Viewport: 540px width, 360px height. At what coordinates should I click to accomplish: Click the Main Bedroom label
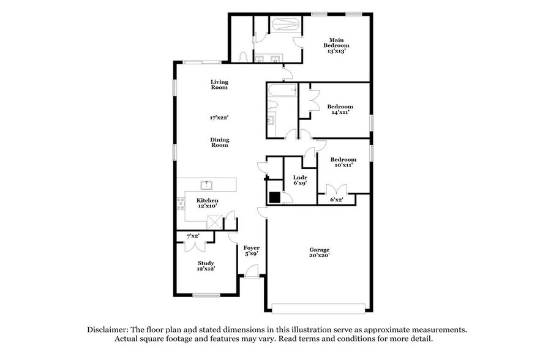337,43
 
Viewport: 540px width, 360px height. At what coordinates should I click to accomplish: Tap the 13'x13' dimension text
337,51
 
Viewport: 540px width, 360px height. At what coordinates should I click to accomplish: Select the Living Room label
219,84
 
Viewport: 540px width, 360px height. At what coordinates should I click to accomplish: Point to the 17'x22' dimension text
219,116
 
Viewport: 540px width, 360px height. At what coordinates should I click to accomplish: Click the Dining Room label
219,142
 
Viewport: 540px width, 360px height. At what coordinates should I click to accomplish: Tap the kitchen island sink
207,184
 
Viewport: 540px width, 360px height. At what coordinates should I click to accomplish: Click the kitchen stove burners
181,204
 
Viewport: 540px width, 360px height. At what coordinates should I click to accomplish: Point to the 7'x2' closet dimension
192,236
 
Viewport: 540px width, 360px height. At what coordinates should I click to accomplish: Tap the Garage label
319,249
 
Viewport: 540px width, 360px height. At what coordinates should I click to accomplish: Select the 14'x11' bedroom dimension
341,113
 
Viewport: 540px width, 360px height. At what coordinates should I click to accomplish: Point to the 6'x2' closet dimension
336,200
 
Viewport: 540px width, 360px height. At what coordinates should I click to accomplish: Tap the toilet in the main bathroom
243,56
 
